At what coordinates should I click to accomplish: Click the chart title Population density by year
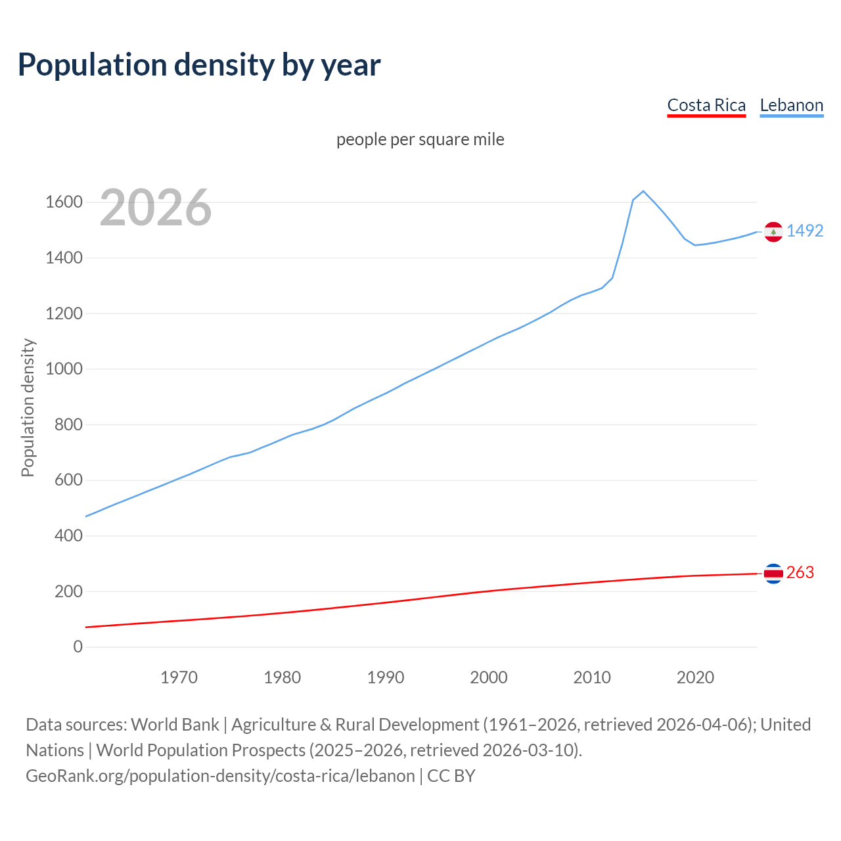pyautogui.click(x=199, y=64)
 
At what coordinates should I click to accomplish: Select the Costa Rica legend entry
pyautogui.click(x=706, y=105)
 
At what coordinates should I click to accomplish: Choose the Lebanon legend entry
pyautogui.click(x=791, y=105)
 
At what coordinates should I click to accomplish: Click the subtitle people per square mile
pyautogui.click(x=420, y=139)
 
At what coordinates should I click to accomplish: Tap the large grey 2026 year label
pyautogui.click(x=156, y=208)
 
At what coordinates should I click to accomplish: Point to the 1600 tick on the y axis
pyautogui.click(x=64, y=202)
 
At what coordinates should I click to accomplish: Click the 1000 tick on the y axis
pyautogui.click(x=64, y=369)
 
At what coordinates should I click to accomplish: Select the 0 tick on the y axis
pyautogui.click(x=78, y=647)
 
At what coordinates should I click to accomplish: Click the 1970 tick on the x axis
pyautogui.click(x=179, y=677)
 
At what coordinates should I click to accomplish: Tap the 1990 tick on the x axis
pyautogui.click(x=386, y=677)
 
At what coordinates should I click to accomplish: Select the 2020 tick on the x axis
pyautogui.click(x=695, y=677)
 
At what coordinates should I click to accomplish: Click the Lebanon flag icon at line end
pyautogui.click(x=773, y=232)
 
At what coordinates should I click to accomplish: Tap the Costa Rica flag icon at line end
pyautogui.click(x=773, y=574)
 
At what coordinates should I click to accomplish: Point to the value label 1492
pyautogui.click(x=805, y=231)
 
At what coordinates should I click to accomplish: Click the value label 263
pyautogui.click(x=800, y=572)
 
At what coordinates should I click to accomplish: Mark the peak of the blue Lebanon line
pyautogui.click(x=643, y=191)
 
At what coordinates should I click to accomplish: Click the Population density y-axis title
pyautogui.click(x=28, y=407)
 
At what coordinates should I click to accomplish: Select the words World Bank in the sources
pyautogui.click(x=175, y=724)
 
